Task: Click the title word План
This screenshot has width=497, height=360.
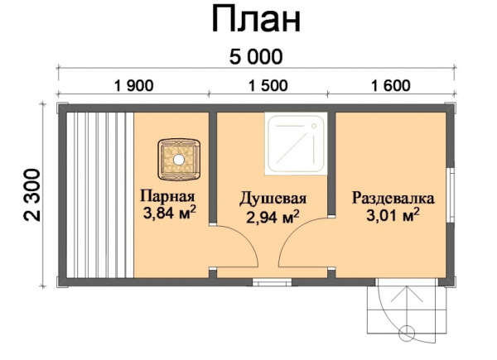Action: (256, 20)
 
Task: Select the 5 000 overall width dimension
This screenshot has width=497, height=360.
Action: (256, 57)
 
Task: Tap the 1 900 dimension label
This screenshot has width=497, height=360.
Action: (133, 85)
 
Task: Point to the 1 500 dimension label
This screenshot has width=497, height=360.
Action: (268, 85)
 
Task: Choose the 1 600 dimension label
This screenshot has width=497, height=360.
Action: (391, 85)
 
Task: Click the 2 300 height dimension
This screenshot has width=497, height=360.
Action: (32, 195)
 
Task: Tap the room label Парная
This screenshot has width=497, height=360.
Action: (167, 196)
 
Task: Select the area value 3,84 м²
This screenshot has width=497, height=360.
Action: (169, 213)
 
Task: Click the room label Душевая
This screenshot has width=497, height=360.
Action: (273, 199)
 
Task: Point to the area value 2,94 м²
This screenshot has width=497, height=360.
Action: (273, 217)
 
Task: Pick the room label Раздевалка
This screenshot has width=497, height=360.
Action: (393, 199)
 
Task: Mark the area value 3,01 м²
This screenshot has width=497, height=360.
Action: (393, 215)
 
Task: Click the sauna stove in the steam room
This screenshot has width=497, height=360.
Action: (179, 159)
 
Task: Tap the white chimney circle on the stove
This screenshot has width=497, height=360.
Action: (179, 160)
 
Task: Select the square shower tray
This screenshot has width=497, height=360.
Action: (296, 144)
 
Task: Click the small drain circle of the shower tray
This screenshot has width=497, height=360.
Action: (314, 126)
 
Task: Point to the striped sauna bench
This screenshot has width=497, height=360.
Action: (100, 195)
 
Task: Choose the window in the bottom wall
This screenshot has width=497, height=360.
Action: (272, 282)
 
